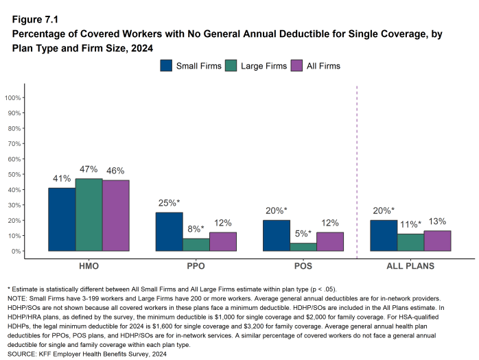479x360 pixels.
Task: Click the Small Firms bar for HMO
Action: (62, 219)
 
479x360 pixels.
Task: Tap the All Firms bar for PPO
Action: (222, 241)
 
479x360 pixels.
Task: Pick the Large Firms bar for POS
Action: (303, 247)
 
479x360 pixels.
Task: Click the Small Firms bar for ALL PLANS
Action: (384, 235)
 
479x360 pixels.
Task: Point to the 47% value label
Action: (89, 169)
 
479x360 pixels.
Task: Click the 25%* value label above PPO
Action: (169, 203)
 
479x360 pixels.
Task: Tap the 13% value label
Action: (437, 221)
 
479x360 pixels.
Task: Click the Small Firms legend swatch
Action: (167, 66)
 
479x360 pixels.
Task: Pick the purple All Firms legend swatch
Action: (296, 66)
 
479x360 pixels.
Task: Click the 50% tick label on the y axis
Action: (14, 174)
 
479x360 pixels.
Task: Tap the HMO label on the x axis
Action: (89, 265)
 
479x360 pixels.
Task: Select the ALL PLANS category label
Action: (410, 265)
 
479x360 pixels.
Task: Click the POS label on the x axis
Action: (303, 265)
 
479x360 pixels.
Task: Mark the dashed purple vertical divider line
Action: (357, 171)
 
